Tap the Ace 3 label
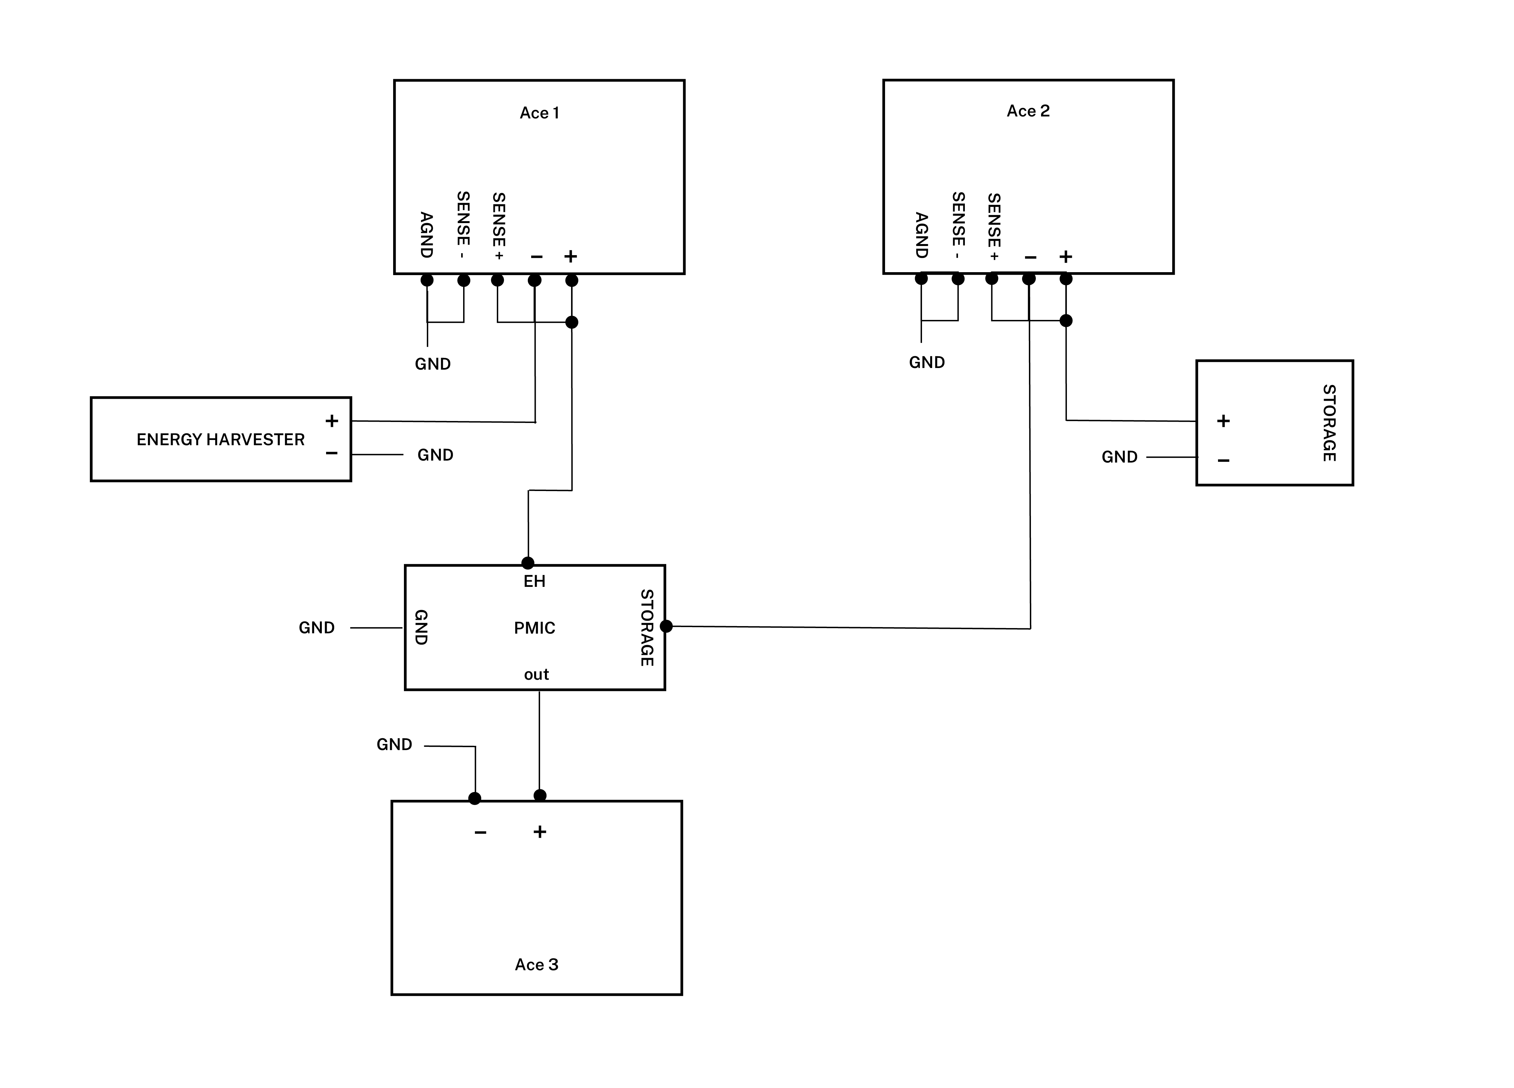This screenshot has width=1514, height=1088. point(536,965)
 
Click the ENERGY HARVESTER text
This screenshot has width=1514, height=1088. point(220,439)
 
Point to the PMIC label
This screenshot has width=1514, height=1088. point(534,627)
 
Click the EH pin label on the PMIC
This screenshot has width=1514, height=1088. point(534,581)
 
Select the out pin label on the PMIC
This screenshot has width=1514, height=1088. point(536,674)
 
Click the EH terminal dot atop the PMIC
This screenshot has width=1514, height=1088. point(527,563)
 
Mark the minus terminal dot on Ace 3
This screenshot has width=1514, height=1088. point(475,798)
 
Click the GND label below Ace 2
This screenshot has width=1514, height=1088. point(927,362)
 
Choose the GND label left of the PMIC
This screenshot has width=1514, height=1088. point(316,627)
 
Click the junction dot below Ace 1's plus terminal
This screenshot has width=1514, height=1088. point(571,323)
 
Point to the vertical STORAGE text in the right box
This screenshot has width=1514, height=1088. point(1329,423)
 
